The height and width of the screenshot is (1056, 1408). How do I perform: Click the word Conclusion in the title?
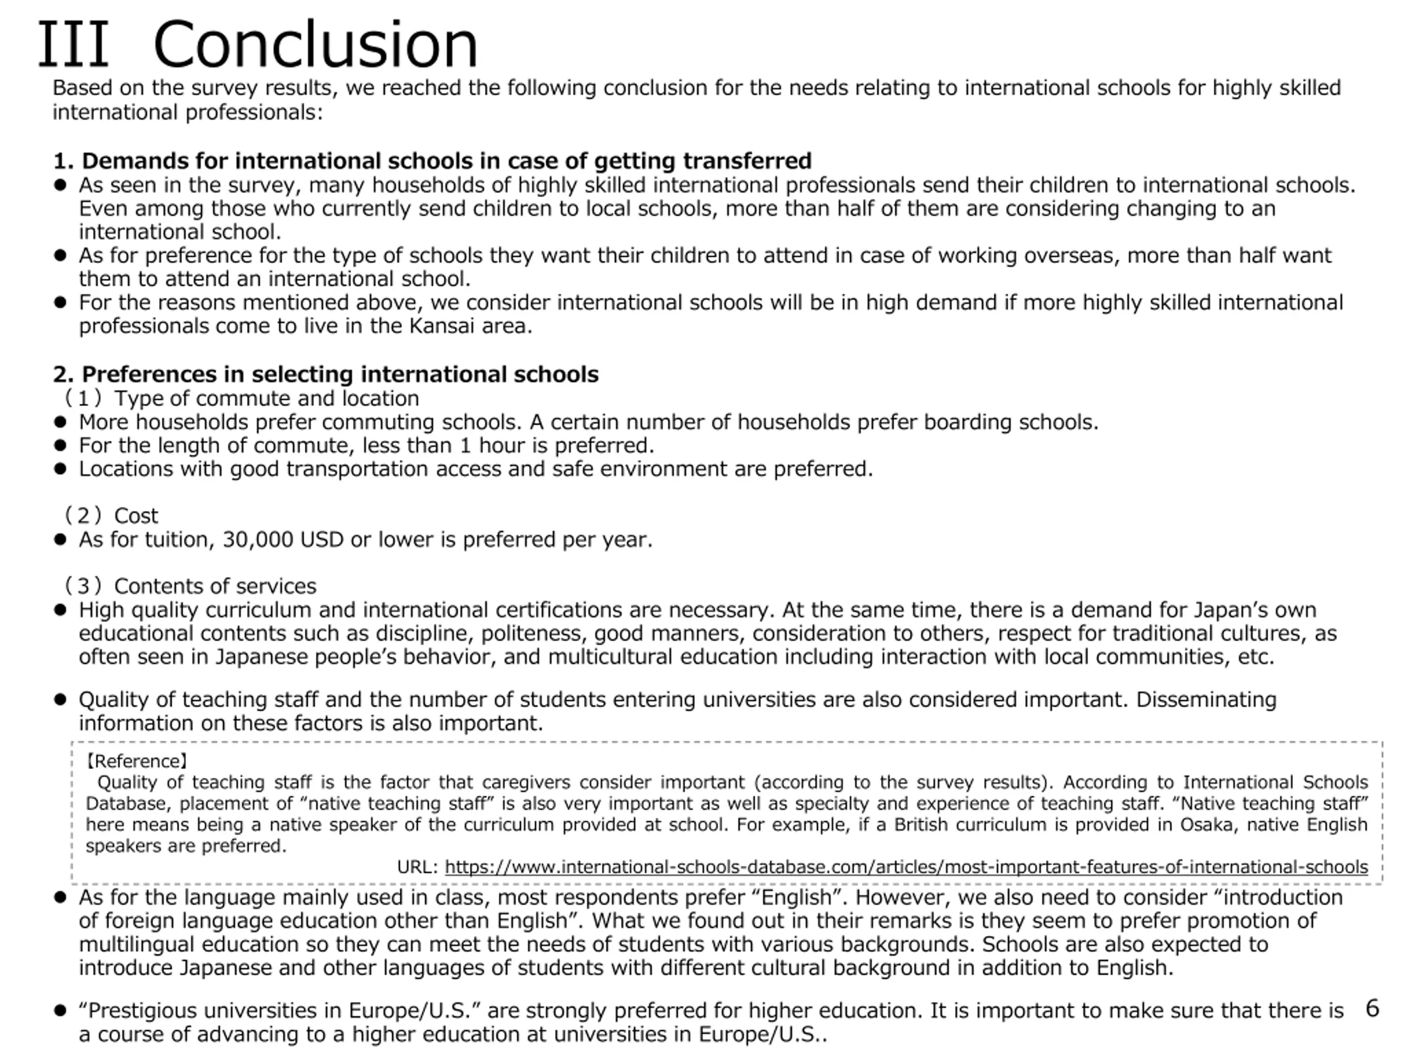point(315,45)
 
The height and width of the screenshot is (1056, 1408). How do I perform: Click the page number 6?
point(1372,1008)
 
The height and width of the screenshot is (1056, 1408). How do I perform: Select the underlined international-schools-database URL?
point(906,867)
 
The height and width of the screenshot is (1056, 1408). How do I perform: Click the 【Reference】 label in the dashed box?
point(136,761)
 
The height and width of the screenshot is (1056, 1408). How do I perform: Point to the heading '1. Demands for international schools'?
point(432,161)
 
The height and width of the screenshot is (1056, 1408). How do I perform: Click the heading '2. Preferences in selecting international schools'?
point(325,375)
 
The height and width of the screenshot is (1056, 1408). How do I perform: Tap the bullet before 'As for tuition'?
point(61,540)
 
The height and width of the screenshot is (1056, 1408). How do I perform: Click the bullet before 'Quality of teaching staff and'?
point(61,700)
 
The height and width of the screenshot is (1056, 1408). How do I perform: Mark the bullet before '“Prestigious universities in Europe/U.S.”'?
point(61,1011)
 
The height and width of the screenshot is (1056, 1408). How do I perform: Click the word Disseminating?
point(1206,700)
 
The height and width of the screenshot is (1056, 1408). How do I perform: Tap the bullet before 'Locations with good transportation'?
point(61,469)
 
